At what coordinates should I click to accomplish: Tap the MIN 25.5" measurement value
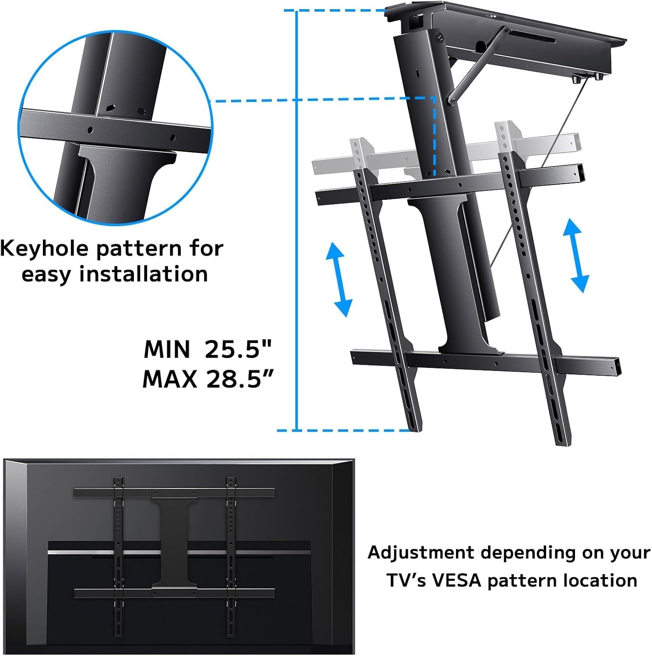(238, 349)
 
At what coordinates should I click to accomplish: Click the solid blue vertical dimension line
(297, 219)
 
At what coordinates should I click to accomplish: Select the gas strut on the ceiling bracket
(478, 66)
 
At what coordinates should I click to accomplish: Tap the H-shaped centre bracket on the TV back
(174, 541)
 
